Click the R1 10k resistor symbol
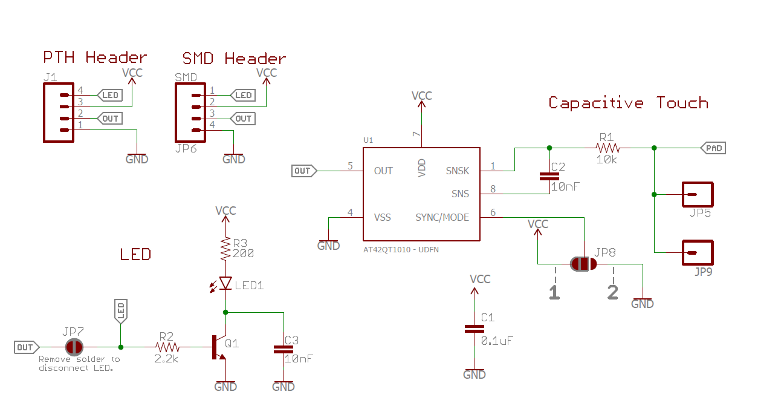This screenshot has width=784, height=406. tap(607, 148)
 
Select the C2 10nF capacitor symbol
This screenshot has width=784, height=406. tap(549, 177)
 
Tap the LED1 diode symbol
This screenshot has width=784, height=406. tap(225, 283)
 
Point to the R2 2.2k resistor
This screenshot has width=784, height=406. tap(167, 347)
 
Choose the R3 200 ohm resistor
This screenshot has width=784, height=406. tap(225, 249)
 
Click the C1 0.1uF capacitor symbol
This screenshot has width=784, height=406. tap(474, 329)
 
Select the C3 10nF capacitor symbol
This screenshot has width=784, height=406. tap(283, 349)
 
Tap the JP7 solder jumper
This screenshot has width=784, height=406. tap(74, 347)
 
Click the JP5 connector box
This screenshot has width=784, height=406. tap(698, 195)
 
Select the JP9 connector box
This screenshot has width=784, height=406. tap(698, 252)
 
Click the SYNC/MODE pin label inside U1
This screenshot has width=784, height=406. tap(442, 217)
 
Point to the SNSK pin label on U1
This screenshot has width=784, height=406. tap(457, 171)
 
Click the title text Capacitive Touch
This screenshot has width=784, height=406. tap(628, 103)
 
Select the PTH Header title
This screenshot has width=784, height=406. tap(95, 57)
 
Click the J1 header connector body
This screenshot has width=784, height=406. tap(59, 113)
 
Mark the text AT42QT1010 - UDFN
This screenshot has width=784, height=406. tap(399, 249)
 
